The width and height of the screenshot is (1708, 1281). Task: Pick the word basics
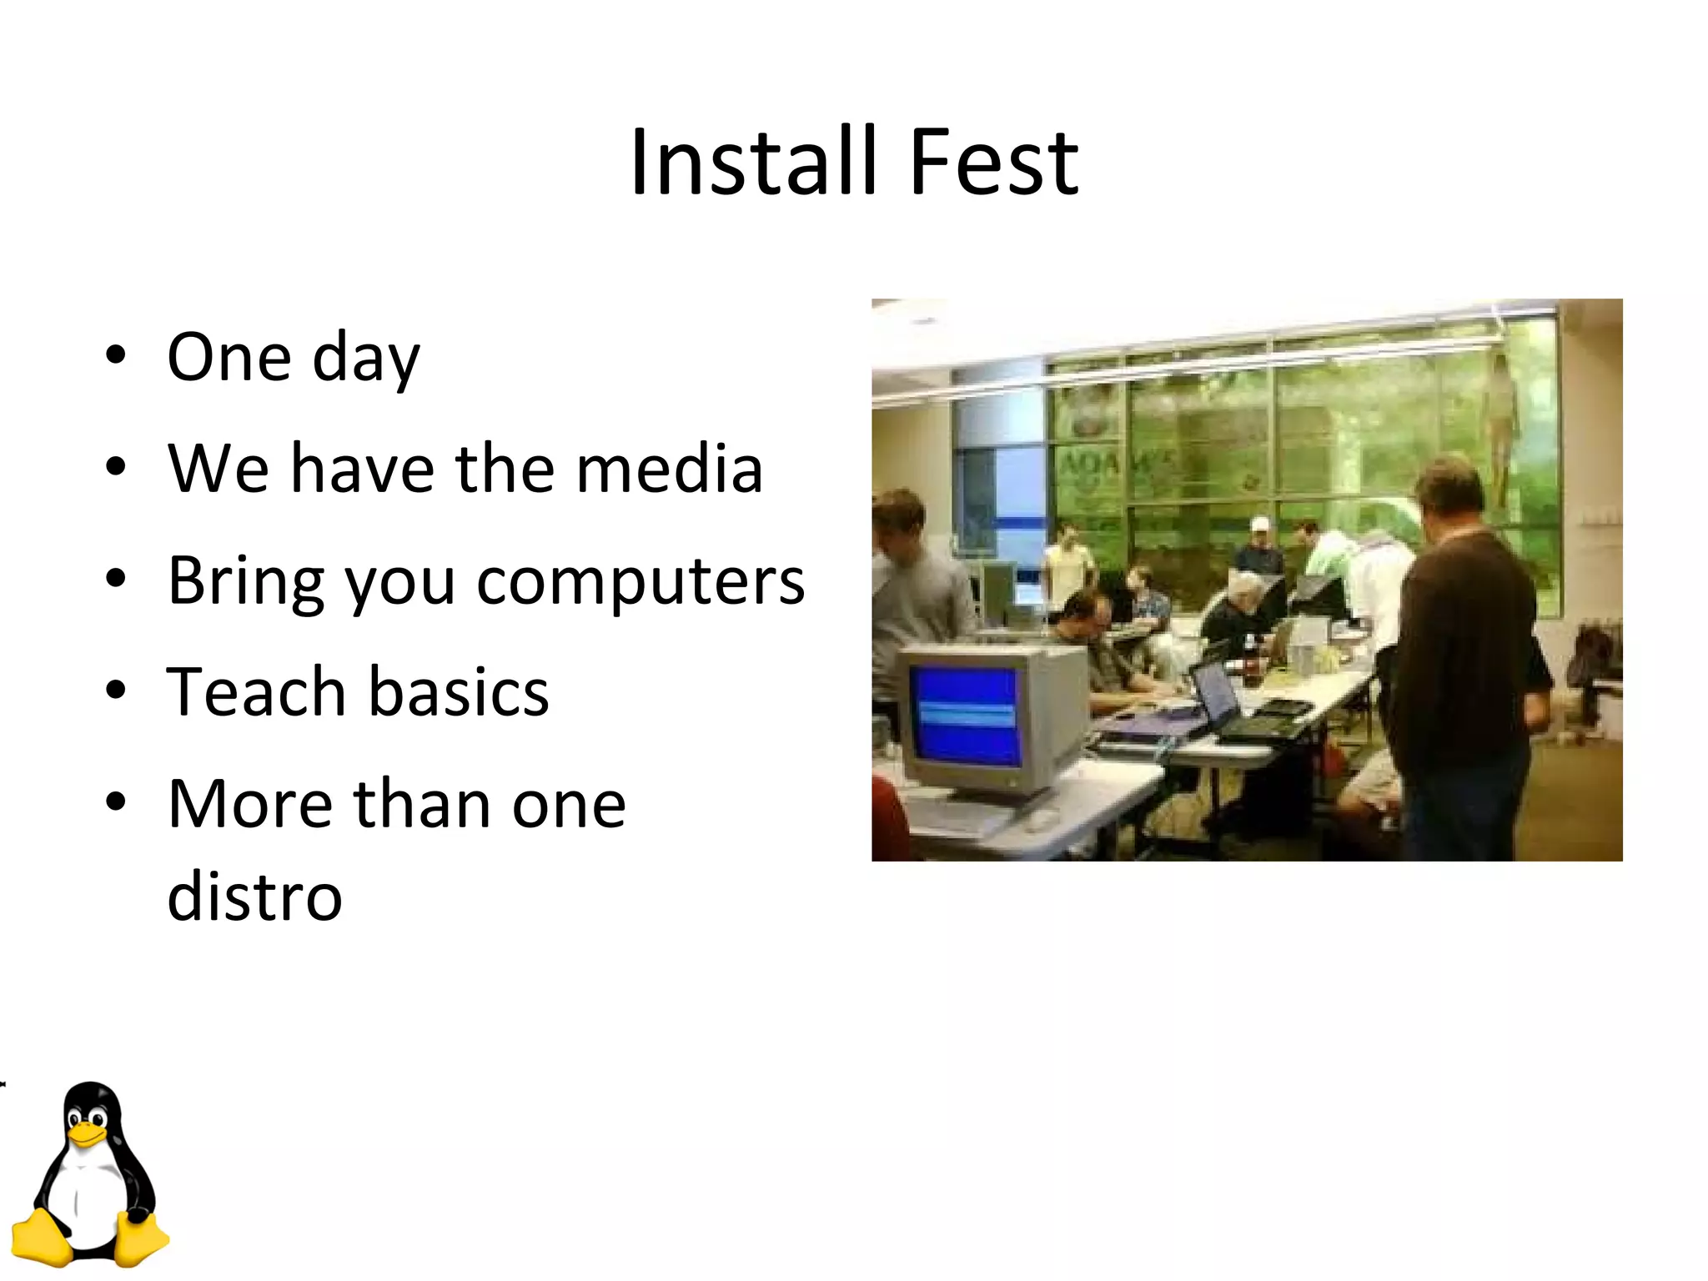coord(458,692)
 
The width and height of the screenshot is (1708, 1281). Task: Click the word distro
coord(254,897)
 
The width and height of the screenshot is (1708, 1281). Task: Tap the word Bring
coord(246,581)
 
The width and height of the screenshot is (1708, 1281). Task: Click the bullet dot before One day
coord(116,357)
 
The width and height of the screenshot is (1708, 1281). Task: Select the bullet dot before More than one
coord(116,803)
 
